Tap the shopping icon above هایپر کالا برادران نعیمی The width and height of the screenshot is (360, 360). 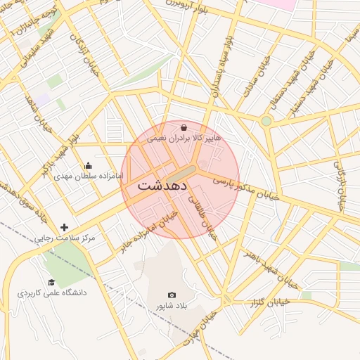(x=184, y=128)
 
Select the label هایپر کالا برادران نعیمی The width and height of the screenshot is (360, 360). (x=184, y=139)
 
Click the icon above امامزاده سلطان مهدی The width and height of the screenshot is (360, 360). (x=87, y=147)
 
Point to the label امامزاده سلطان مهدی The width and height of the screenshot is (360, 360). (x=87, y=158)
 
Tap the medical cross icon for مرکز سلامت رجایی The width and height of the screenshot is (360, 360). (x=65, y=227)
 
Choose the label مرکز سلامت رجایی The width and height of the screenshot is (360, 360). (x=65, y=239)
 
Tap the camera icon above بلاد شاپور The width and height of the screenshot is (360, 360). (x=172, y=295)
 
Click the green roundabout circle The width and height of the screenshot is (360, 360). (x=266, y=121)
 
